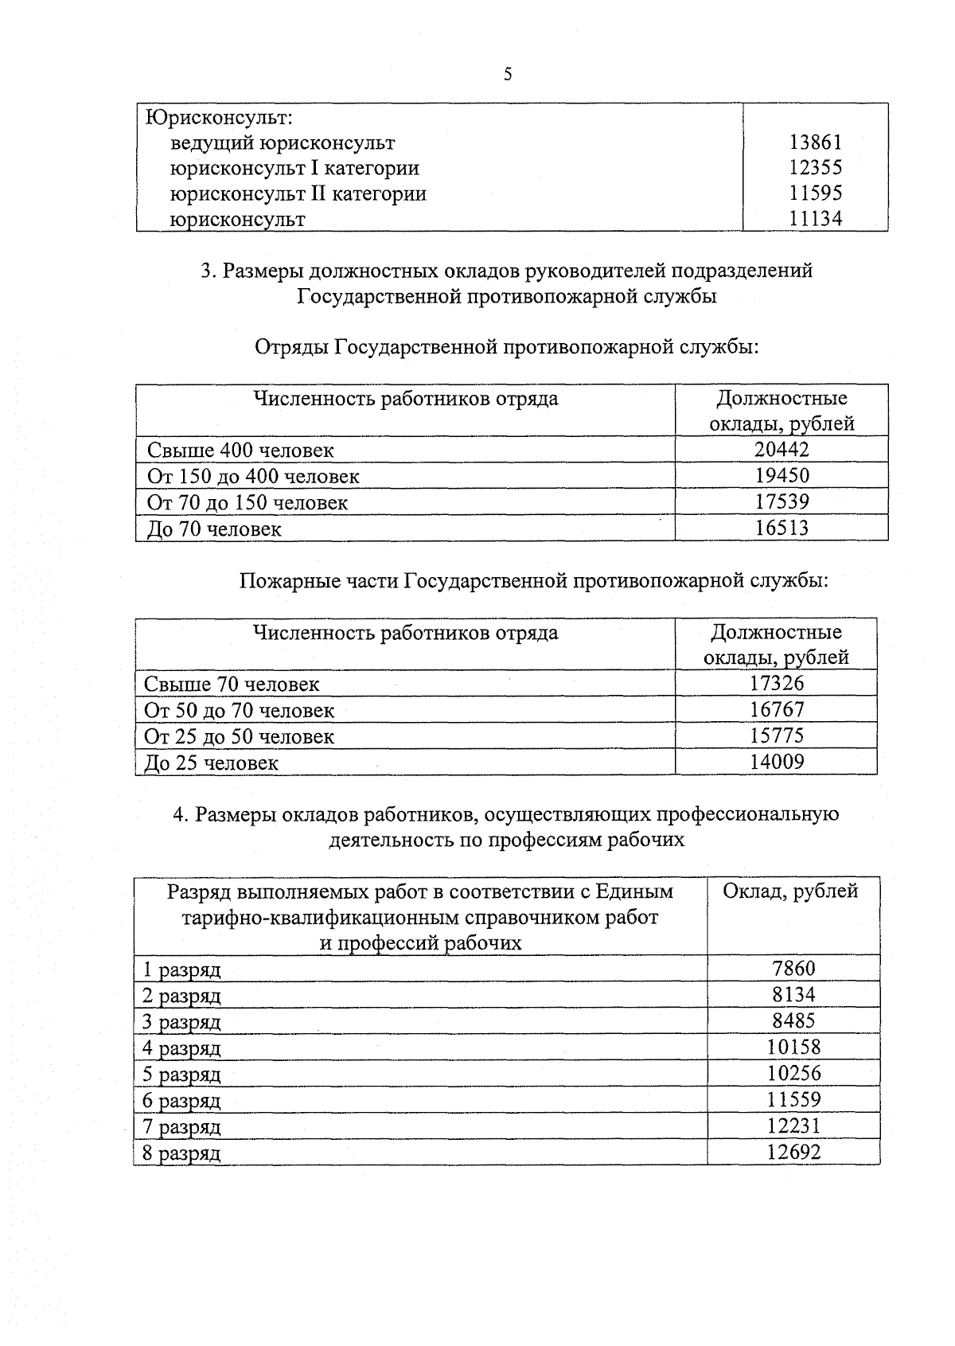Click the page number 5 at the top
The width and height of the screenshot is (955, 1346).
pos(508,75)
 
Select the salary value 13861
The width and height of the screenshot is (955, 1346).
pos(815,142)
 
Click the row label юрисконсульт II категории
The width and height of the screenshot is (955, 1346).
pos(298,193)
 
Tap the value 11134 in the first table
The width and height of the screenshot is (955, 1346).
pos(815,219)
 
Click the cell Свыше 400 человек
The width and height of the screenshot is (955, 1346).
pos(240,451)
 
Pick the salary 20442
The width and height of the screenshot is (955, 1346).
pos(782,450)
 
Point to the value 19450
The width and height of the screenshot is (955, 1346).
pos(782,476)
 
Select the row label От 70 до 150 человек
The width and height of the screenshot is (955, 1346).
pos(248,503)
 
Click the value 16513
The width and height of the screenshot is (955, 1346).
pos(782,528)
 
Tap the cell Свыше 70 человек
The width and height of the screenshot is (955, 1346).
pos(232,685)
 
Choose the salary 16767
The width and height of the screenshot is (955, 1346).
pos(777,709)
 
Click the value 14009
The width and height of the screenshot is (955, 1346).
pos(777,762)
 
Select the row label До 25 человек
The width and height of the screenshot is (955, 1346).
pos(211,763)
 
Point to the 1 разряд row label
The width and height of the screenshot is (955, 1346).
pos(182,970)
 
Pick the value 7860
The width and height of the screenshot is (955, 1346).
pos(793,969)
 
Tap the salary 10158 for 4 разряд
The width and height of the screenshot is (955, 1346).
pos(793,1047)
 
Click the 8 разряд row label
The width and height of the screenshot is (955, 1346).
pos(182,1153)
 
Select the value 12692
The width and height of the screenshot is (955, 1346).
pos(793,1152)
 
